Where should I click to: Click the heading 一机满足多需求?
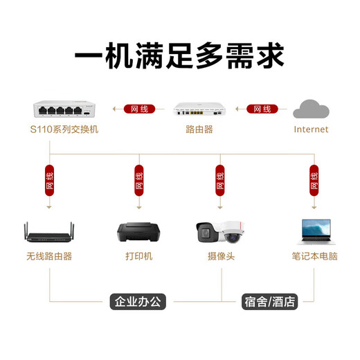tap(179, 54)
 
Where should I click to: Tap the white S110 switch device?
tap(63, 109)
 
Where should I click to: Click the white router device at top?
tap(199, 109)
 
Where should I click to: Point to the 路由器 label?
tap(199, 129)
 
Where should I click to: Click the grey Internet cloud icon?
tap(311, 109)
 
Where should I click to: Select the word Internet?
tap(311, 129)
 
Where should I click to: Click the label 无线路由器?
tap(49, 256)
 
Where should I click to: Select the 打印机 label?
tap(138, 256)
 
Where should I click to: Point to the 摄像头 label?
tap(221, 256)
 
